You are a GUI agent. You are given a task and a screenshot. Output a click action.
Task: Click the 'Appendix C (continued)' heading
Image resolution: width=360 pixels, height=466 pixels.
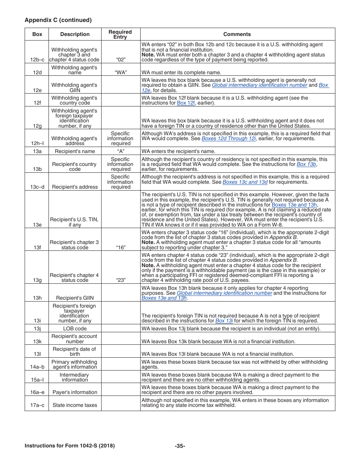(x=58, y=20)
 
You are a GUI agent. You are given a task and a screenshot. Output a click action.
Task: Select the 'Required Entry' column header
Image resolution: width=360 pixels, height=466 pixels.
(x=120, y=34)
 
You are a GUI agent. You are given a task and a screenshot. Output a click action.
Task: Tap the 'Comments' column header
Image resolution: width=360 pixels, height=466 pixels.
(x=237, y=34)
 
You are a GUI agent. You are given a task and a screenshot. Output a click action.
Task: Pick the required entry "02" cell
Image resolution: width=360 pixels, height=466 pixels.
(x=120, y=59)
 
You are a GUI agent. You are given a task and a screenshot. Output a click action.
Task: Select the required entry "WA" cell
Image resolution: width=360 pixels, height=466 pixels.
(x=120, y=72)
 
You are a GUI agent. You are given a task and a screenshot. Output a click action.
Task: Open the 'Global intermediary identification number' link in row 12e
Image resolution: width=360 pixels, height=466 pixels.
(x=259, y=85)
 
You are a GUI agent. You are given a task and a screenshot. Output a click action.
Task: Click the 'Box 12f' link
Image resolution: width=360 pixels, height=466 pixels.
(x=186, y=103)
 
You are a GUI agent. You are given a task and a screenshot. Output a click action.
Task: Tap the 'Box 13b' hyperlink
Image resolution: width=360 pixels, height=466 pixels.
(x=306, y=164)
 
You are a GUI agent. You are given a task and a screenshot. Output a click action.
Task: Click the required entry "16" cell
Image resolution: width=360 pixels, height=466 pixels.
(x=120, y=247)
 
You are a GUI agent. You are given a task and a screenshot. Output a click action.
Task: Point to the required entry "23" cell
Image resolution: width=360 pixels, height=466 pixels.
(x=120, y=280)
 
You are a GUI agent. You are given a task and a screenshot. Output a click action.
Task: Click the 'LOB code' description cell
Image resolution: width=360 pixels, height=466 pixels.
(x=75, y=328)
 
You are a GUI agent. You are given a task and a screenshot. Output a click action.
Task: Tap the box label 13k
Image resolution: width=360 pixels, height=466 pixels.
(x=37, y=341)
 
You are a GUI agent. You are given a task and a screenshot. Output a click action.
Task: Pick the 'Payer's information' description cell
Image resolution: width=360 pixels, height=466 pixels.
(x=75, y=392)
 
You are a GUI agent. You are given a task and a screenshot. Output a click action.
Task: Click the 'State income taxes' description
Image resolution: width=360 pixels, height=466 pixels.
(x=75, y=405)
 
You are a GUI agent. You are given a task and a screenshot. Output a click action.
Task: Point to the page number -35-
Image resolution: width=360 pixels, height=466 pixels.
(x=180, y=446)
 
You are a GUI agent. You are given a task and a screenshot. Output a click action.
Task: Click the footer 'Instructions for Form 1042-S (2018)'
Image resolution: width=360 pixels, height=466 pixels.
(x=70, y=446)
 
